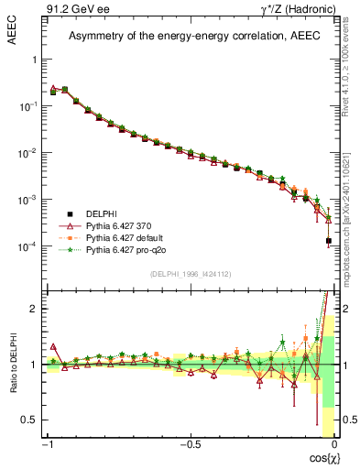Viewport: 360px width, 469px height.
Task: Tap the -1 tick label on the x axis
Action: click(x=49, y=446)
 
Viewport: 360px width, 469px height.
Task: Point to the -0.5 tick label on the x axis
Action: click(x=190, y=446)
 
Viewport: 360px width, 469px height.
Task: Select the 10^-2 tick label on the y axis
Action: click(x=28, y=153)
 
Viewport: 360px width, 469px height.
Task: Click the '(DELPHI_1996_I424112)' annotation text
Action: click(x=190, y=274)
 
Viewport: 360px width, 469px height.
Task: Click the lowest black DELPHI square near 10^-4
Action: click(x=328, y=241)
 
